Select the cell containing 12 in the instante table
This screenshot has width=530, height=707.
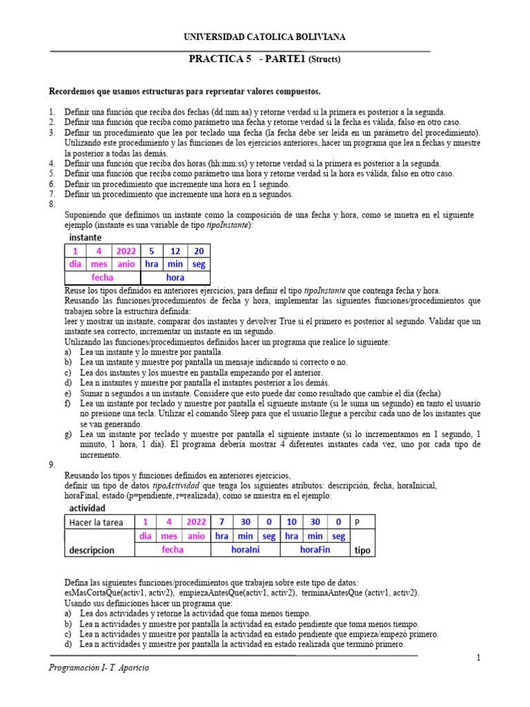point(175,251)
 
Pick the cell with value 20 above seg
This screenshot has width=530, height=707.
point(199,251)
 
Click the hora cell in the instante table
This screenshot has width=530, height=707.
point(175,278)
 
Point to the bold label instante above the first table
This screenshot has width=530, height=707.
point(84,237)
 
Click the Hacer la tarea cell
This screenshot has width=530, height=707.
point(98,522)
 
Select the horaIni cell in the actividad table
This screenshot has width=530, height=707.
point(246,550)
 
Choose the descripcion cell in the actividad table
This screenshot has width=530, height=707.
point(92,550)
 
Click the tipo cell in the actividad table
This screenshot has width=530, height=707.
point(362,551)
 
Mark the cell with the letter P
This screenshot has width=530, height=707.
point(357,523)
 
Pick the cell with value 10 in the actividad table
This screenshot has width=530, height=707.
point(292,522)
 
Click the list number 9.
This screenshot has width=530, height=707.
point(52,465)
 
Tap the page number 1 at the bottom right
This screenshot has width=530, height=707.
point(478,658)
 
